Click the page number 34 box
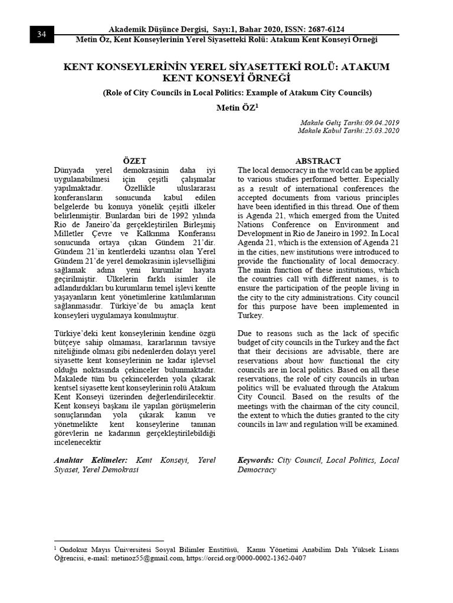[x=41, y=34]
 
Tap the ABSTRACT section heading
[x=319, y=160]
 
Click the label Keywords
[x=255, y=460]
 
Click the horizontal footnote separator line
[x=109, y=540]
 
